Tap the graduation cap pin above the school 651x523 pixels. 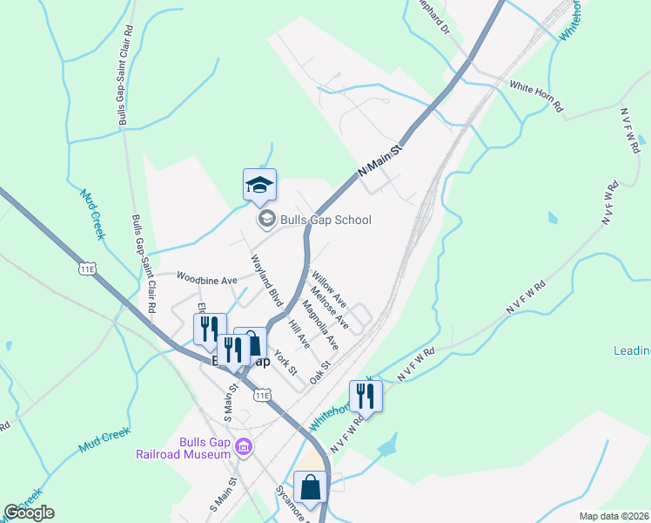(259, 186)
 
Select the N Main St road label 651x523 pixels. (380, 162)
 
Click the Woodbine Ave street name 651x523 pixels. (207, 280)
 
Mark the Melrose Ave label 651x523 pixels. (330, 309)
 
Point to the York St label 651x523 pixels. (285, 362)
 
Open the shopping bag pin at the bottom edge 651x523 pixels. (310, 487)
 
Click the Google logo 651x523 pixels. (29, 513)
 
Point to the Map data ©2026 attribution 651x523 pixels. (614, 516)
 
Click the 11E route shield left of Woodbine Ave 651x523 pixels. (86, 268)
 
